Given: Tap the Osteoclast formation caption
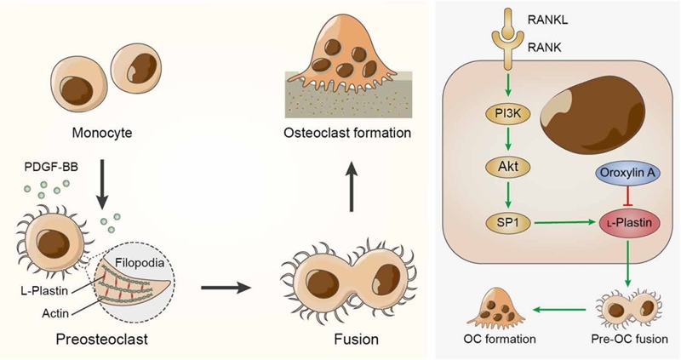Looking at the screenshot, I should (347, 133).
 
